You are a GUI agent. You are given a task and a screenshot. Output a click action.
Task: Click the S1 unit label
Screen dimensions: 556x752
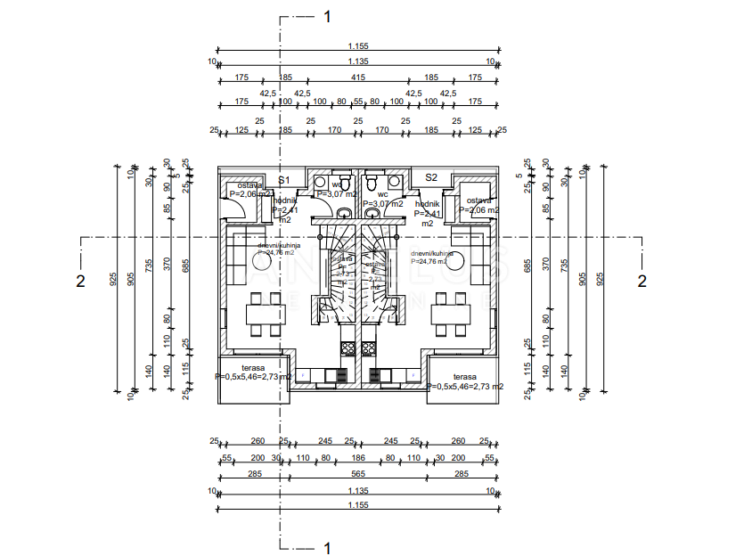[284, 179]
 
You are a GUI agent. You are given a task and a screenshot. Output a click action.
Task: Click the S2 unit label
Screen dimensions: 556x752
[431, 177]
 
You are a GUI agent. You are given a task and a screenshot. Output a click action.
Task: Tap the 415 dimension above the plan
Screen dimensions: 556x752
[358, 78]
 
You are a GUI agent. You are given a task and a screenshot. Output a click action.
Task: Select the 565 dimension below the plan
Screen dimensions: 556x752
[358, 474]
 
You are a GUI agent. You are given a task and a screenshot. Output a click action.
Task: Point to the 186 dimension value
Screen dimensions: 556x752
[358, 457]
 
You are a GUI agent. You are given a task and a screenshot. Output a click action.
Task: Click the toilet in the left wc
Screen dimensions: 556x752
[345, 212]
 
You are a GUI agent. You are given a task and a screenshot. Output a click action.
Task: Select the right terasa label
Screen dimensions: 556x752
[464, 377]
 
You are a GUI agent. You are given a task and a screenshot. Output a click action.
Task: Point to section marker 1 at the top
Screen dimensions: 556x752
[327, 16]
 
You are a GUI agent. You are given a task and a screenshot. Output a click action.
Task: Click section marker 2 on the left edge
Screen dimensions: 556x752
[80, 281]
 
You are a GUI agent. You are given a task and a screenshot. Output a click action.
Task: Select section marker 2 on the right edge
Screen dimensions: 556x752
[641, 281]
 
